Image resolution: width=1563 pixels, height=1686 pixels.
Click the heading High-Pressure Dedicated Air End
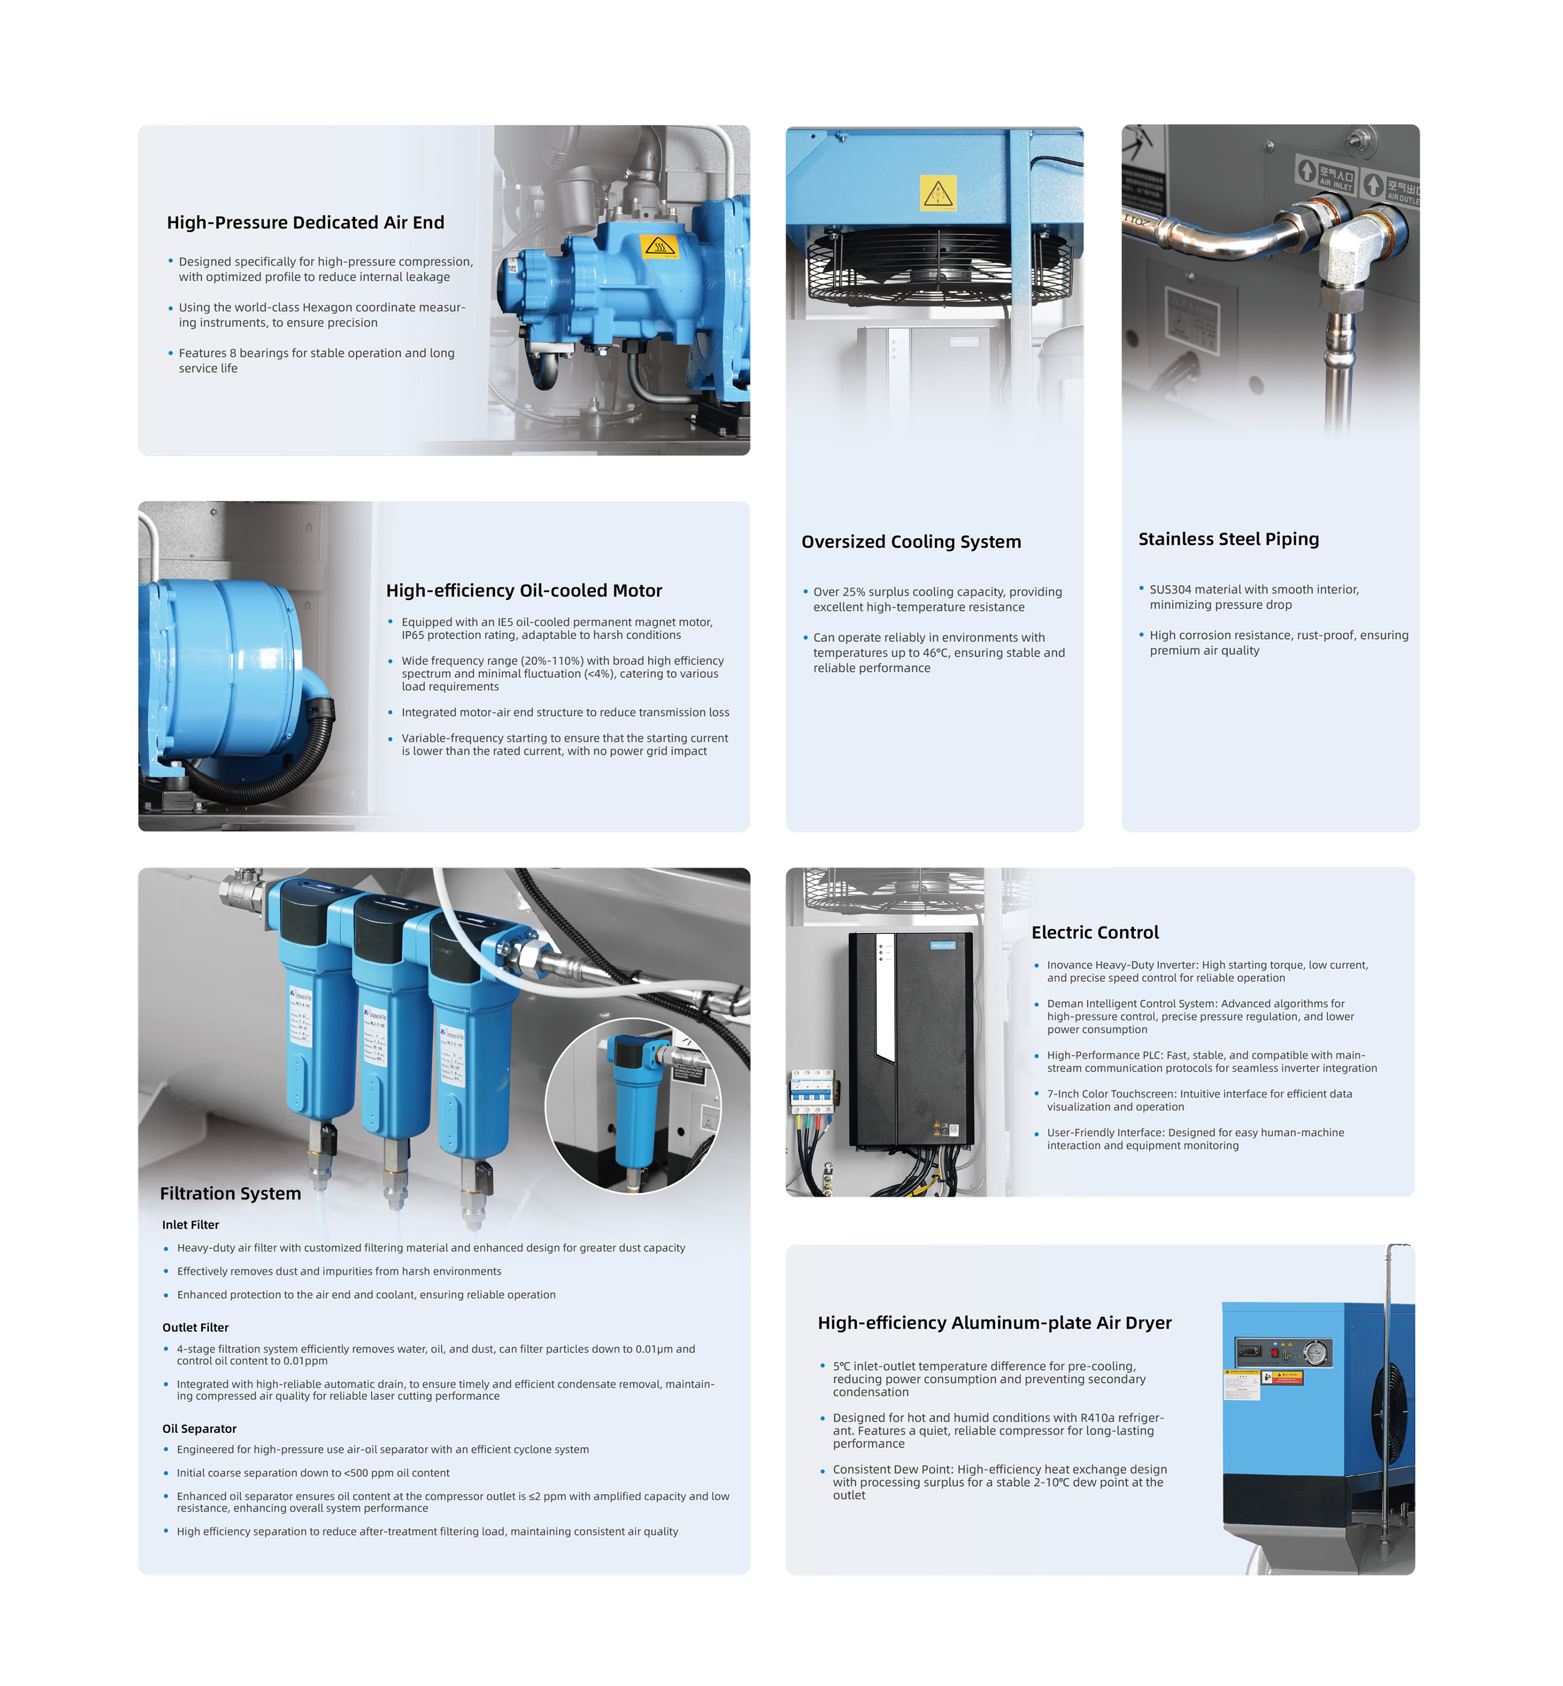pyautogui.click(x=305, y=222)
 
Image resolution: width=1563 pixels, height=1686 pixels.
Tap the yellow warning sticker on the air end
pyautogui.click(x=659, y=246)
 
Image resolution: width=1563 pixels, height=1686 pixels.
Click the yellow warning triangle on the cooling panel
pyautogui.click(x=938, y=193)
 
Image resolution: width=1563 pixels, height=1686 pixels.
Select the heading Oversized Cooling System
pyautogui.click(x=911, y=541)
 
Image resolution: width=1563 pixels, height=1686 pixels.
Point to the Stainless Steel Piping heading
pyautogui.click(x=1228, y=539)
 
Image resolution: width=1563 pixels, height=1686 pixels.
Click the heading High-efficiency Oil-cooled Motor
pyautogui.click(x=524, y=590)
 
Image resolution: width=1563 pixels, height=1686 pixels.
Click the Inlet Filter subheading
pyautogui.click(x=190, y=1224)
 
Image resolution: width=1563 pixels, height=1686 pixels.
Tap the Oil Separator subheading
pyautogui.click(x=200, y=1428)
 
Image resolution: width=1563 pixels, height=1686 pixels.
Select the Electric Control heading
pyautogui.click(x=1094, y=932)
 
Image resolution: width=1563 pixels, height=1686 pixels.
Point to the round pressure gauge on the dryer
pyautogui.click(x=1315, y=1353)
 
